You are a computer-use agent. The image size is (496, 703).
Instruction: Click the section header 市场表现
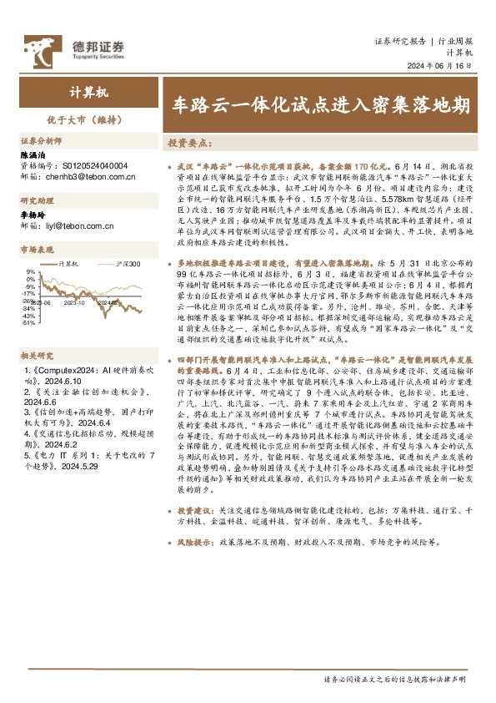pyautogui.click(x=36, y=250)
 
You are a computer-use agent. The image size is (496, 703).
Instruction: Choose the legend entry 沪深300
pyautogui.click(x=127, y=264)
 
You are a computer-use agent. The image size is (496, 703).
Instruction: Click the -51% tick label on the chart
pyautogui.click(x=29, y=323)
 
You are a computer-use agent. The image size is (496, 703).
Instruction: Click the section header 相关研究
pyautogui.click(x=36, y=355)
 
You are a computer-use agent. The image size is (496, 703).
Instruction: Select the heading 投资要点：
pyautogui.click(x=191, y=144)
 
